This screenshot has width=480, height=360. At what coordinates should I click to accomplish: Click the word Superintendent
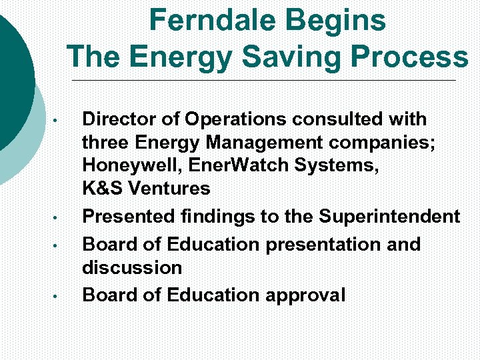389,217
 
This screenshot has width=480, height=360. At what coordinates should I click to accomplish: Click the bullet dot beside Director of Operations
57,121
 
